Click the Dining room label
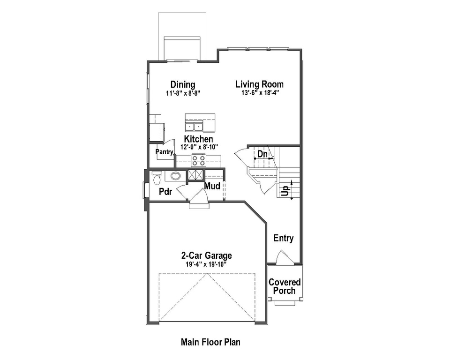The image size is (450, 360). (183, 85)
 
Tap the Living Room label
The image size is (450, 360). (259, 85)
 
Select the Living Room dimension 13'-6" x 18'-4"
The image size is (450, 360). (259, 93)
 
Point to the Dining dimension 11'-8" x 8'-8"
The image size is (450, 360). (183, 93)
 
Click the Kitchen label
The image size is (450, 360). (198, 139)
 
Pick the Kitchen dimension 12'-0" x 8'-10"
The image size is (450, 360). (199, 147)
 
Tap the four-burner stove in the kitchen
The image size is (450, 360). (199, 161)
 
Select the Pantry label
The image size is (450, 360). (165, 152)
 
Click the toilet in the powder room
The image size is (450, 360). (157, 178)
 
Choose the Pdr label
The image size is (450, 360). (165, 192)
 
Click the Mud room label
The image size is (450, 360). (212, 187)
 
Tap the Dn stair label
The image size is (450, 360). (262, 154)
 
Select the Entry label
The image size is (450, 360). (284, 238)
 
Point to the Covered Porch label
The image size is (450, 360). (285, 286)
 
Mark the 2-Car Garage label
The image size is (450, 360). (206, 256)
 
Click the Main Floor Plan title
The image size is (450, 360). (210, 342)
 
